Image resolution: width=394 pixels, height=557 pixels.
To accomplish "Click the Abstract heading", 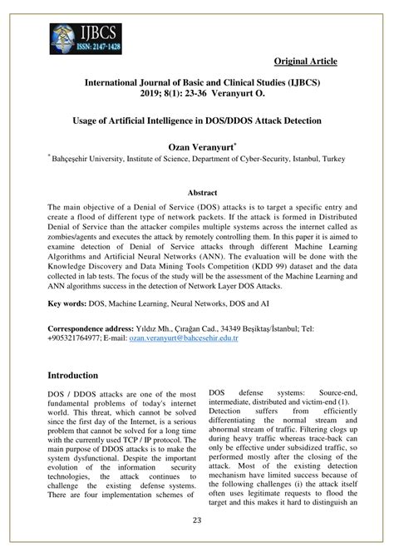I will pos(197,190).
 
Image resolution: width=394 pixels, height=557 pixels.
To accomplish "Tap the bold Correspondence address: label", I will pos(94,328).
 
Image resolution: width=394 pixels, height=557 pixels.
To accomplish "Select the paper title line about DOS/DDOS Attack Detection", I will pos(197,121).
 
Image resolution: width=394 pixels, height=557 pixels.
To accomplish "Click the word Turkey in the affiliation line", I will pos(332,157).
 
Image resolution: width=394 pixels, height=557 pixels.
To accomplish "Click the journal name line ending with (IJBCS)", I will pos(197,84).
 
